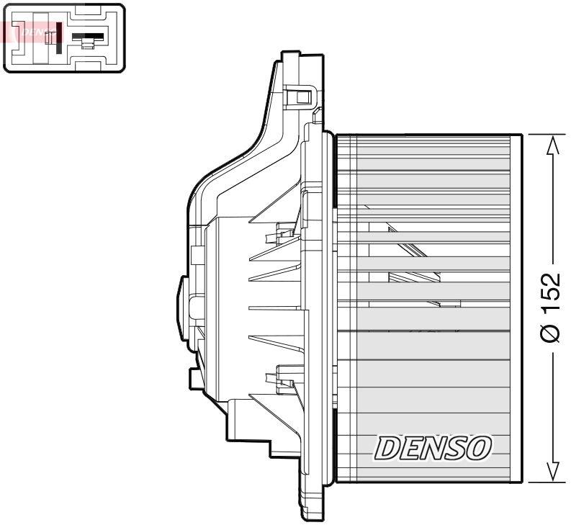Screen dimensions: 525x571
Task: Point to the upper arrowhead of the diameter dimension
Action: point(552,145)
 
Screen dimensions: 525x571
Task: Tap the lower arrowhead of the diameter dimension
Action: point(552,471)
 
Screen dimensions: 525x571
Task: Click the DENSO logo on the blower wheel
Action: point(432,449)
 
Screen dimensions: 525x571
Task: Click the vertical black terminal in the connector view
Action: point(58,37)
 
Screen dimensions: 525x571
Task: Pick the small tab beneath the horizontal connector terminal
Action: point(87,45)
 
